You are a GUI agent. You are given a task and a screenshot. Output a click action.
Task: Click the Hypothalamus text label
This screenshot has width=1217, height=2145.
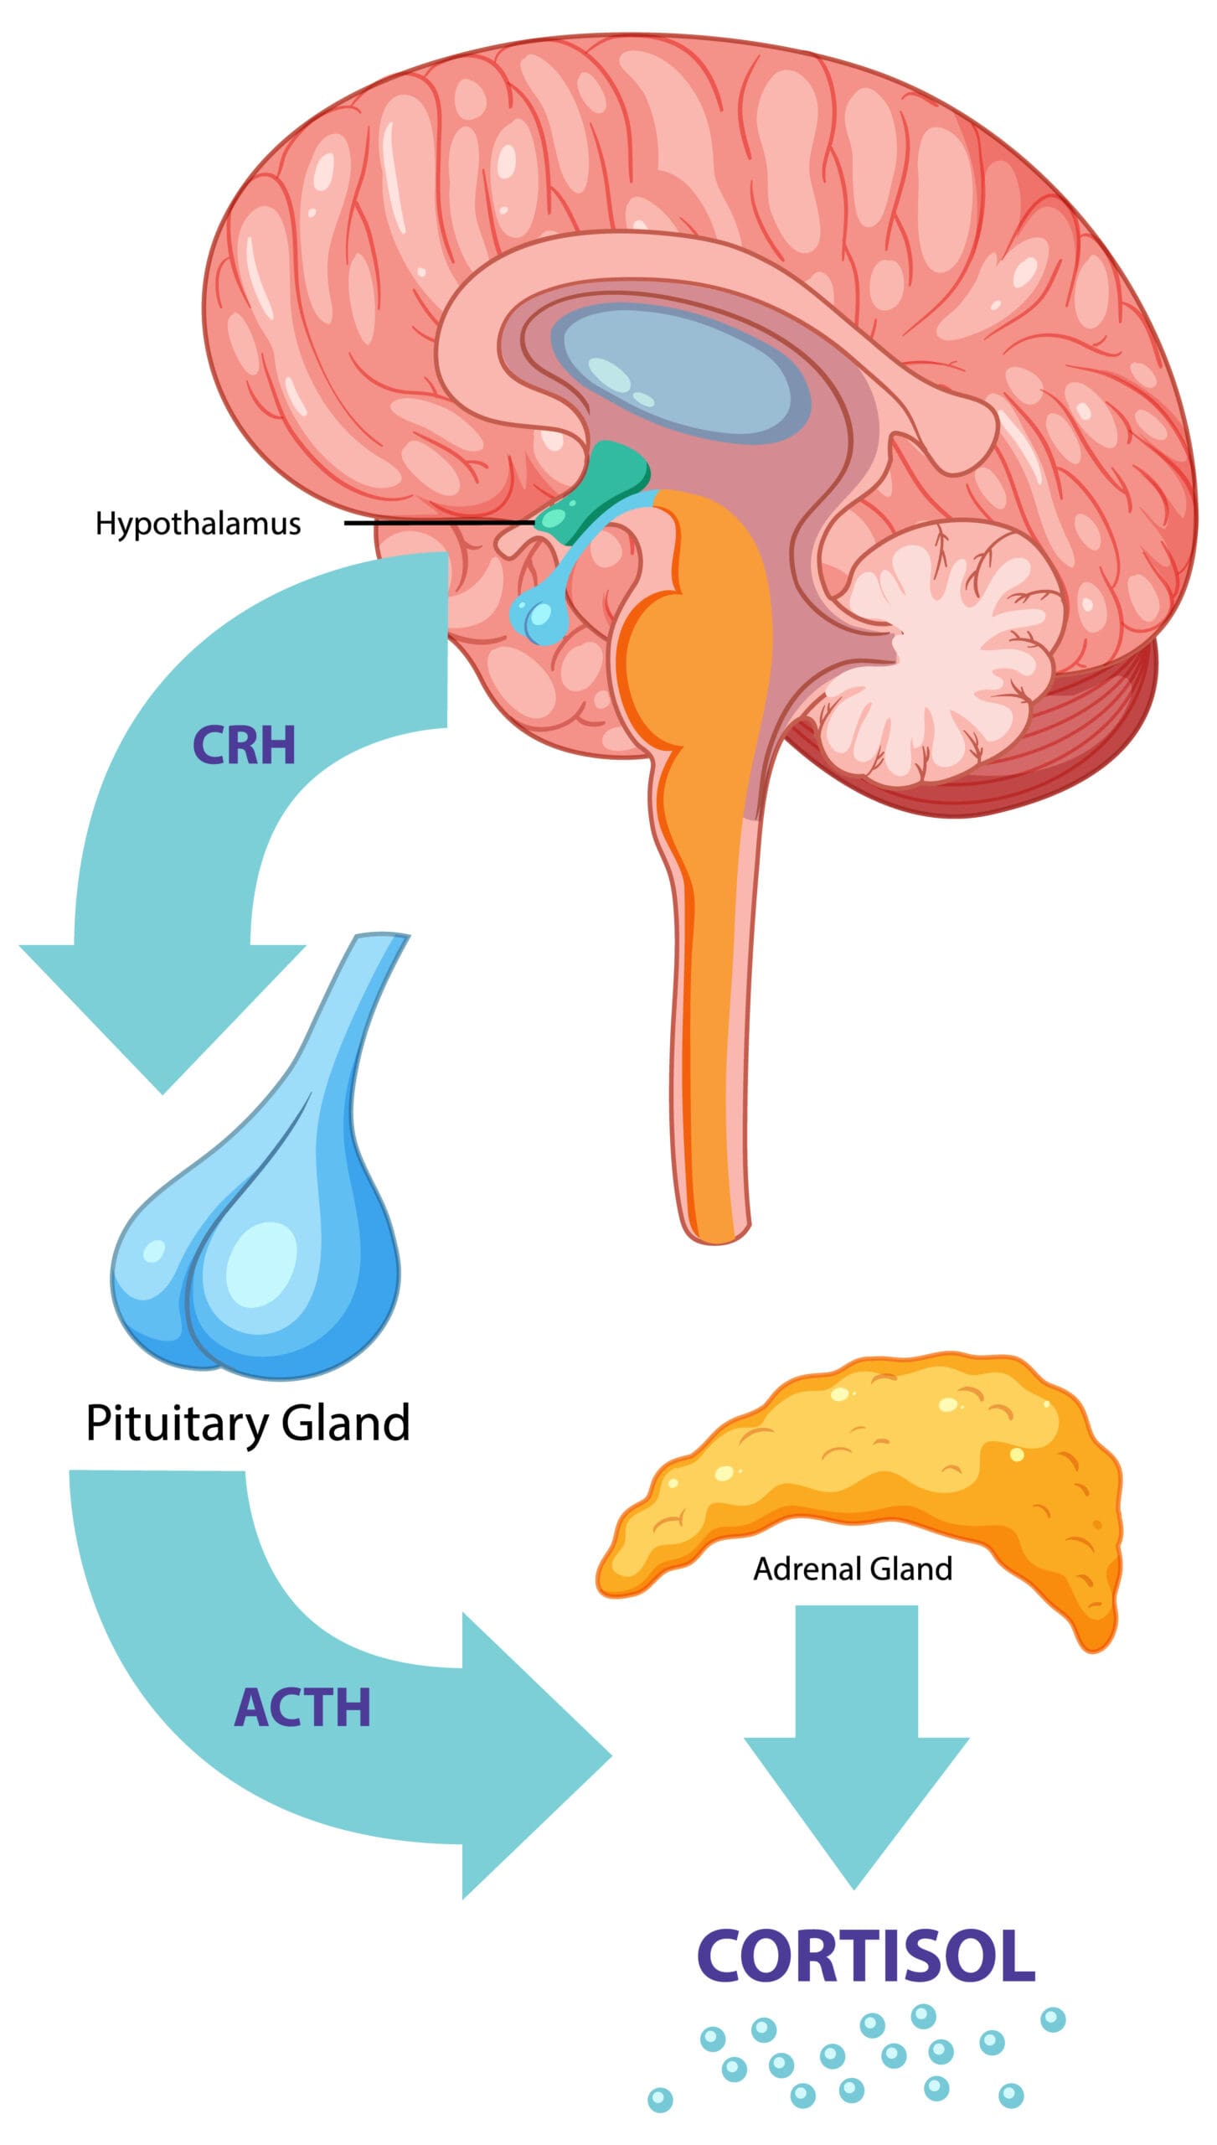tap(198, 524)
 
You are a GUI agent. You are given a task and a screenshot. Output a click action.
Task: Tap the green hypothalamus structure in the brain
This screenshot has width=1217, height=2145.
tap(596, 494)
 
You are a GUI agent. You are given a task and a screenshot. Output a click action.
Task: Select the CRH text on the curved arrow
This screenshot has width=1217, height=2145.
tap(244, 745)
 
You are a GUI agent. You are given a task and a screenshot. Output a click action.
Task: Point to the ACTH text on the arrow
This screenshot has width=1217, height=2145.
tap(302, 1708)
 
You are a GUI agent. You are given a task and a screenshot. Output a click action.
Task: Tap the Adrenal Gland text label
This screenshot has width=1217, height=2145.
tap(853, 1569)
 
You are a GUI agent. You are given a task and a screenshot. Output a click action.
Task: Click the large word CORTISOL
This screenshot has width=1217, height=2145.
tap(866, 1956)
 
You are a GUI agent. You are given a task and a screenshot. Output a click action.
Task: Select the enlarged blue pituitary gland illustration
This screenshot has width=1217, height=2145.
tap(260, 1240)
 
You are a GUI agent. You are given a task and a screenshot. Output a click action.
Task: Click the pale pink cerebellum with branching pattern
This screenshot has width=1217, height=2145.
tap(946, 645)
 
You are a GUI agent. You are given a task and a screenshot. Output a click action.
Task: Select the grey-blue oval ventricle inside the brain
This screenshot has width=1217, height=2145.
tap(678, 369)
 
